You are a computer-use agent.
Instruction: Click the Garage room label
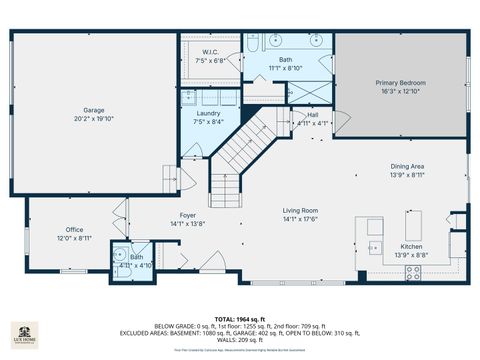click(x=94, y=110)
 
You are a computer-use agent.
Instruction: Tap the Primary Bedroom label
click(x=400, y=82)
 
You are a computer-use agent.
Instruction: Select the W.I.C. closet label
click(x=211, y=52)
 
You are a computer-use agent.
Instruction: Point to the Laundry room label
click(x=208, y=113)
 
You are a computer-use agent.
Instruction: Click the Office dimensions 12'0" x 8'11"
click(x=74, y=238)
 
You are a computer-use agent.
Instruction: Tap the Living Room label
click(x=300, y=210)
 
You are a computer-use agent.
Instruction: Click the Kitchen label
click(x=412, y=246)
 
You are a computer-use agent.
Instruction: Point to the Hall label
click(x=313, y=114)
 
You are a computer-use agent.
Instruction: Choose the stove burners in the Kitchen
click(x=413, y=271)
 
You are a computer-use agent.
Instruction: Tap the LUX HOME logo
click(x=24, y=334)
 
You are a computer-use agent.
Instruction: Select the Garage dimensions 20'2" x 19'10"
click(x=94, y=118)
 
